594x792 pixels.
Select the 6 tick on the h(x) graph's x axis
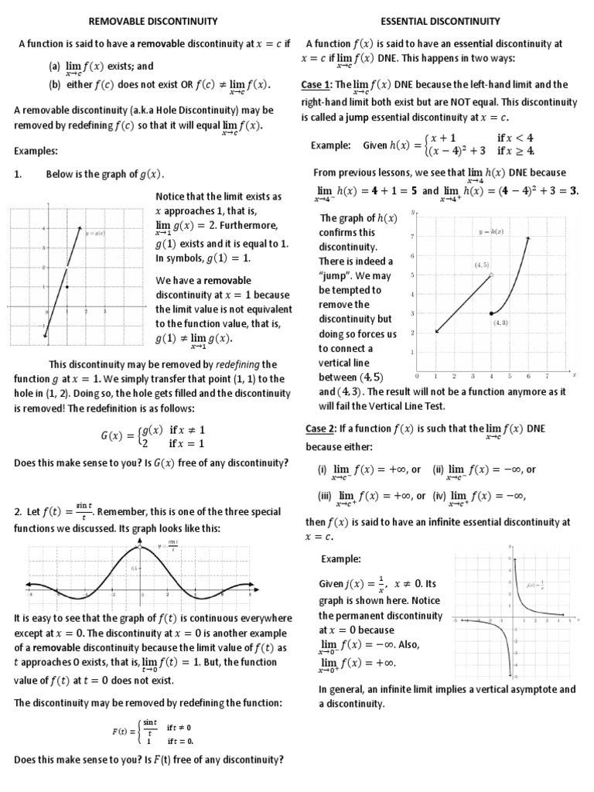528,377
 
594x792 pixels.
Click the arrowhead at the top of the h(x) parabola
528,238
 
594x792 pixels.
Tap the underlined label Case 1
316,84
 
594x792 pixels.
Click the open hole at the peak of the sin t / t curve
140,548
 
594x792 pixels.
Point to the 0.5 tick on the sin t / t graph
134,568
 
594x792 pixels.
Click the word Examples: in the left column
36,151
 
